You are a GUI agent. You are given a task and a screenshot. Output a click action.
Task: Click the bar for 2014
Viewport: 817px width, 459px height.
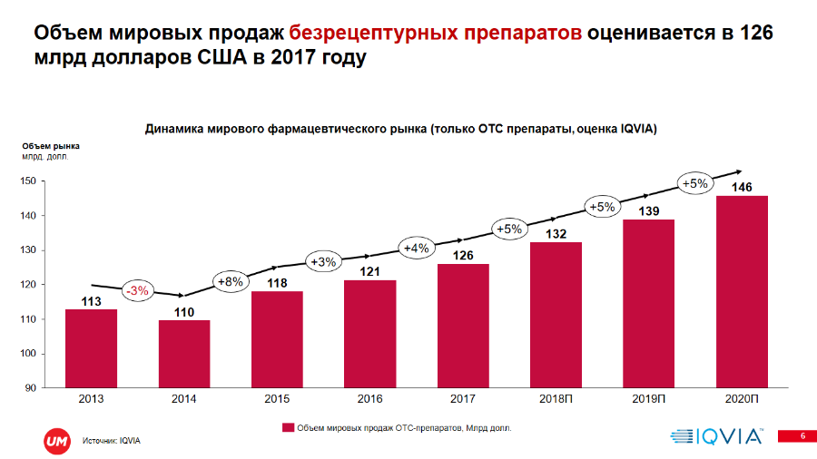pyautogui.click(x=184, y=354)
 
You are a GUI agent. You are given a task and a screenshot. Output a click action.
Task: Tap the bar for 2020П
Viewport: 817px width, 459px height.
pyautogui.click(x=742, y=291)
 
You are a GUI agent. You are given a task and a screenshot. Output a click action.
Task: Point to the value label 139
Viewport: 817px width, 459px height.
pyautogui.click(x=648, y=210)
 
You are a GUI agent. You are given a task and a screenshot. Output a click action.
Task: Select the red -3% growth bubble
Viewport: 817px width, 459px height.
pyautogui.click(x=138, y=290)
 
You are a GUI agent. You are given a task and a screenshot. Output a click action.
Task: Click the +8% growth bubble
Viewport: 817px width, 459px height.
pyautogui.click(x=231, y=281)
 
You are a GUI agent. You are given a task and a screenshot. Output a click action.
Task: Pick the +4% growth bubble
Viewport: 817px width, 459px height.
pyautogui.click(x=416, y=247)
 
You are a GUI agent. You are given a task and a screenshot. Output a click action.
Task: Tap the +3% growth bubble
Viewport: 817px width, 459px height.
pyautogui.click(x=323, y=262)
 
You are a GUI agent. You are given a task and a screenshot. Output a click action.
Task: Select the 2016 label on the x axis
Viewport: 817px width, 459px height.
pyautogui.click(x=369, y=399)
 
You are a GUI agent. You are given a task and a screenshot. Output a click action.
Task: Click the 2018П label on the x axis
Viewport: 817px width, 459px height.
pyautogui.click(x=556, y=399)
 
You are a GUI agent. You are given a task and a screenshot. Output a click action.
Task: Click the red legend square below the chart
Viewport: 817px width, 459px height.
pyautogui.click(x=288, y=426)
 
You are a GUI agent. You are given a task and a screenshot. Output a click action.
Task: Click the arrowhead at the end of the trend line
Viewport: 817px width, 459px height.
pyautogui.click(x=739, y=171)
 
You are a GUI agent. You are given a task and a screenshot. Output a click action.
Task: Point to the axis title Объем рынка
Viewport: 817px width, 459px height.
pyautogui.click(x=50, y=145)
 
